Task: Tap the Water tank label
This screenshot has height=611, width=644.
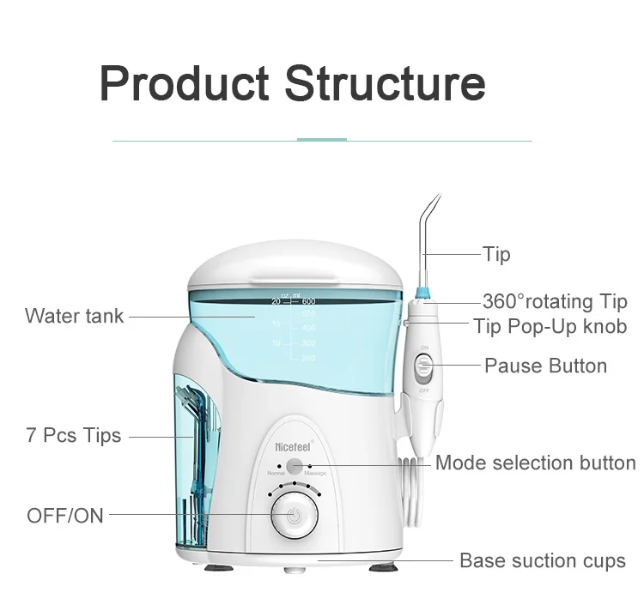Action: [75, 316]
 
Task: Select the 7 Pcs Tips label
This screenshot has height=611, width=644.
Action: [73, 436]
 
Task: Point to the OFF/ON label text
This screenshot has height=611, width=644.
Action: [65, 515]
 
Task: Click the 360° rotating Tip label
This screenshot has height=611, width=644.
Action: [555, 301]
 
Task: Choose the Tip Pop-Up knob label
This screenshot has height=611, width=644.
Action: [550, 326]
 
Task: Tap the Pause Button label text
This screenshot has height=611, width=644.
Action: [545, 366]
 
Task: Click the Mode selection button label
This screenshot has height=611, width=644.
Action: [535, 463]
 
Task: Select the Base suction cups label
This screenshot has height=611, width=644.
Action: [543, 561]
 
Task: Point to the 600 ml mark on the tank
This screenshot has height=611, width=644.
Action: [308, 301]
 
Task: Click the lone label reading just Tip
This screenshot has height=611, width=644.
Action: [496, 254]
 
